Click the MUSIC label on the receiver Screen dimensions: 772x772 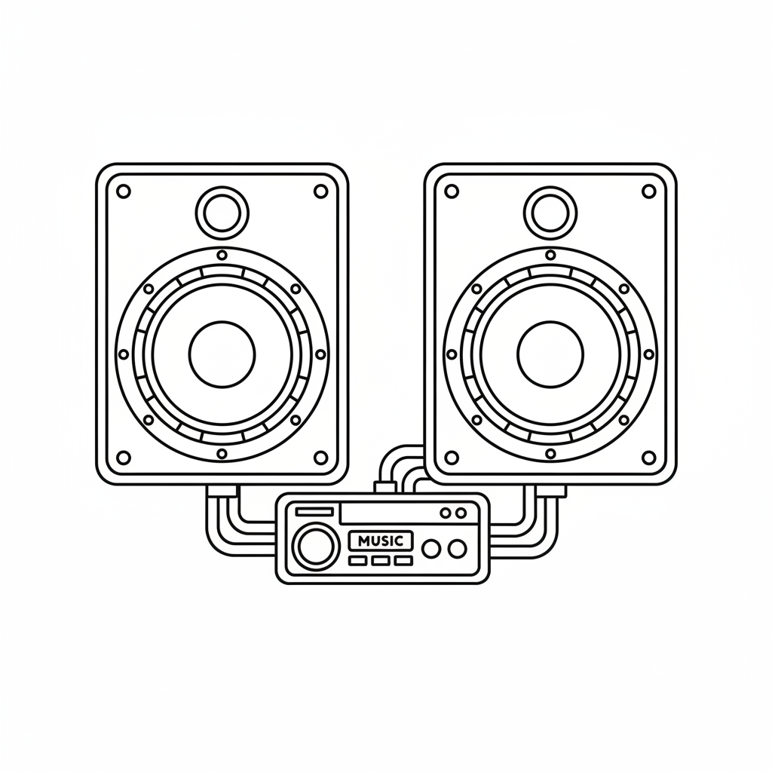pos(381,541)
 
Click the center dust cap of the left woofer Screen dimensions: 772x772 pos(222,354)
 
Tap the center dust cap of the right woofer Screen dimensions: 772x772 pos(550,354)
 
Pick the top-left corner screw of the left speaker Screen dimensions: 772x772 pos(124,191)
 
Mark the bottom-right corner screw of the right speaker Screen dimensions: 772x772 pos(648,458)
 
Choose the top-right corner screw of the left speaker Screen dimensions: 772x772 pos(320,191)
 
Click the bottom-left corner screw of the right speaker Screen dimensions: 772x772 pos(452,458)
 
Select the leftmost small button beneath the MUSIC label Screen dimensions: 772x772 pos(357,561)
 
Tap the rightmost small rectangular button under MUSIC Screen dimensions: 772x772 pos(404,561)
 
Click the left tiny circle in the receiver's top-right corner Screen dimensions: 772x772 pos(444,513)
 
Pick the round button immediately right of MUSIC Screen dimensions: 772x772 pos(431,549)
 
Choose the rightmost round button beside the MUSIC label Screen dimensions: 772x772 pos(457,549)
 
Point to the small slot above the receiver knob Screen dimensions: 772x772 pos(314,512)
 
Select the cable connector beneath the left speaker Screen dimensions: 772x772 pos(222,490)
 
